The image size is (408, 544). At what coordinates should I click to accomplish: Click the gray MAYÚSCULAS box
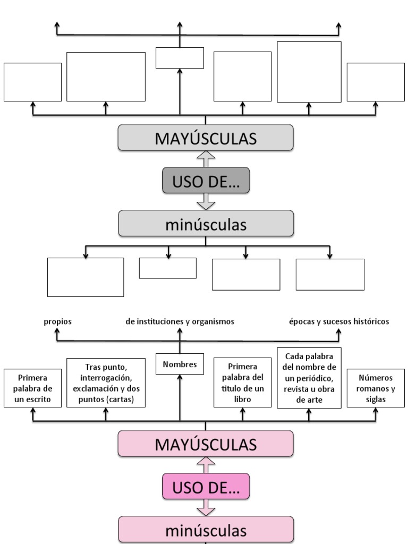coord(206,138)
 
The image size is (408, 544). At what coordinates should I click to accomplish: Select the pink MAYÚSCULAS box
coord(206,444)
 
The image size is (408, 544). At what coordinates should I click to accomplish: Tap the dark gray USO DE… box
coord(206,181)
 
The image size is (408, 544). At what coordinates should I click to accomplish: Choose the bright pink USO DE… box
coord(206,486)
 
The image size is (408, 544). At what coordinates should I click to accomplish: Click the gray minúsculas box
coord(206,224)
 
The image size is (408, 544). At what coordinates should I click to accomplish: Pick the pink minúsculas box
coord(206,530)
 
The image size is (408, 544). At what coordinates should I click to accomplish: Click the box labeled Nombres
coord(180,364)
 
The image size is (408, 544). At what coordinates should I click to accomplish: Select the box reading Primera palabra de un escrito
coord(32,389)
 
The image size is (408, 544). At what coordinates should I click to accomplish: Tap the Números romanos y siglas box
coord(376,389)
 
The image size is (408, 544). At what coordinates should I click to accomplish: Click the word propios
coord(58,321)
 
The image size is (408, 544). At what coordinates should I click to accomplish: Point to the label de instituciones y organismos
coord(180,321)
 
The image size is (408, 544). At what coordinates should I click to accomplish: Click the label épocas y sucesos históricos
coord(339,321)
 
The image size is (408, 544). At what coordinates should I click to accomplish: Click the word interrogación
coord(106,378)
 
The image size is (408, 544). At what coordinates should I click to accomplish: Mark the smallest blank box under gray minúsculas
coord(167,268)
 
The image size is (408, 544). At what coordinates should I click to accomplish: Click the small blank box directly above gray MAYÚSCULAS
coord(180,58)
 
